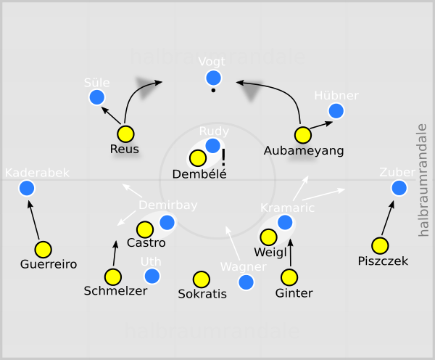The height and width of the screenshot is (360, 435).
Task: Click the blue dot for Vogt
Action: click(x=213, y=78)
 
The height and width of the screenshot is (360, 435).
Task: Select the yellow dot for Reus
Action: click(x=126, y=134)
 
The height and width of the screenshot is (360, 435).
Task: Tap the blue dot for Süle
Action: click(x=96, y=97)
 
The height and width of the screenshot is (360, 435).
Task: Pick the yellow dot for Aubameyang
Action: click(x=303, y=135)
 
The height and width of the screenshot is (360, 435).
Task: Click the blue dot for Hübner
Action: click(x=336, y=110)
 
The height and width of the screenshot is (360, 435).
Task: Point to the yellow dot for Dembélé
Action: click(x=197, y=158)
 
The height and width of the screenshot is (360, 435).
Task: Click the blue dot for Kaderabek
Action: click(x=28, y=188)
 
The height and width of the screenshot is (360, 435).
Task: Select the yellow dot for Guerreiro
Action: click(x=43, y=249)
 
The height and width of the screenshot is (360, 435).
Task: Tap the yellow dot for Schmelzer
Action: click(x=113, y=277)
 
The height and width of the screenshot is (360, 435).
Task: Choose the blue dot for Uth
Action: click(x=152, y=276)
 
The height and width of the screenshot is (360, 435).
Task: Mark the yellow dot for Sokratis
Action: click(x=202, y=279)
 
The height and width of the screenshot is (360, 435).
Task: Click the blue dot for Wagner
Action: click(x=246, y=282)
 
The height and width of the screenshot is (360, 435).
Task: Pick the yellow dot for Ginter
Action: click(x=290, y=277)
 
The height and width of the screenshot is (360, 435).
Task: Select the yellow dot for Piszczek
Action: click(x=380, y=245)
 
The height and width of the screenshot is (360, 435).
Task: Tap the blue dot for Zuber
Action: click(x=399, y=188)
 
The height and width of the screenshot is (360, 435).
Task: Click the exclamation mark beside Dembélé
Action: click(x=224, y=157)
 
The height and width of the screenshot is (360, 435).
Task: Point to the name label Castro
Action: click(x=146, y=243)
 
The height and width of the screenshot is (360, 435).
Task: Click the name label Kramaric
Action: click(x=287, y=208)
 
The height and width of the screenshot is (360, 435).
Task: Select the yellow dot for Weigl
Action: click(x=268, y=237)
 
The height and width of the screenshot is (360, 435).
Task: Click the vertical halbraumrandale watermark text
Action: click(x=424, y=180)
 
